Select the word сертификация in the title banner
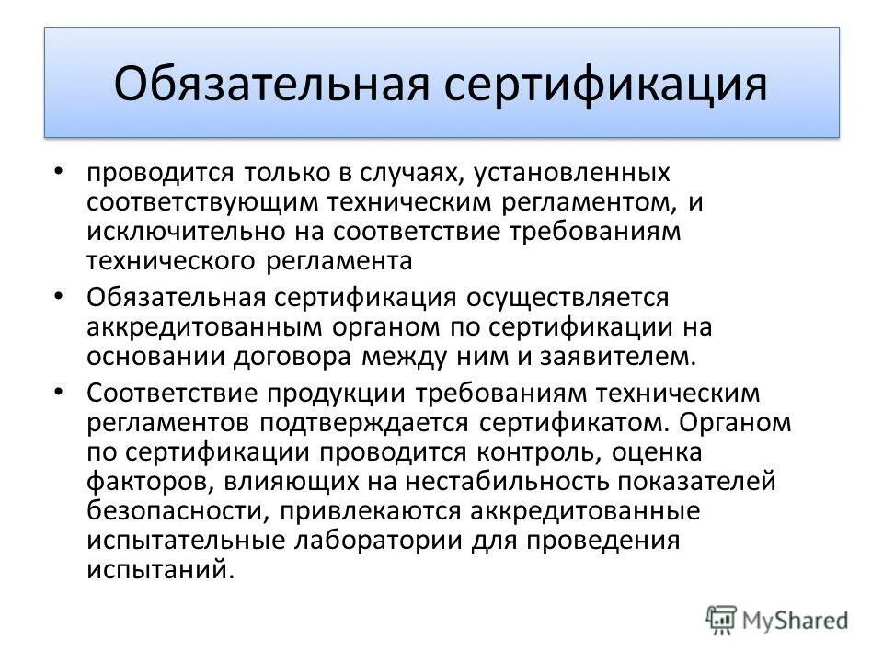608,84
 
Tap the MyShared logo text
797,621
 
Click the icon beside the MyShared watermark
722,621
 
